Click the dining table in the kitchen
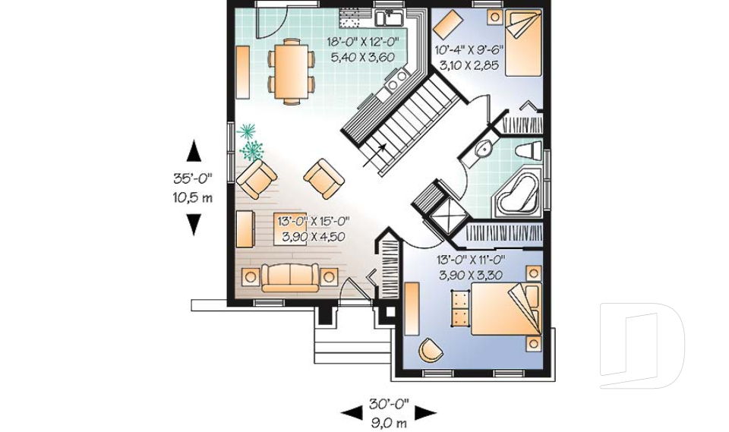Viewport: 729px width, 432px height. [291, 71]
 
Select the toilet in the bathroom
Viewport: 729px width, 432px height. [529, 150]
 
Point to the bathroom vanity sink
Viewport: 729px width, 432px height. [483, 150]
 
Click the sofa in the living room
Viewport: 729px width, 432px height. [289, 278]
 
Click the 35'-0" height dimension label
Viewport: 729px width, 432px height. [192, 178]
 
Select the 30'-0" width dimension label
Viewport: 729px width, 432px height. [389, 403]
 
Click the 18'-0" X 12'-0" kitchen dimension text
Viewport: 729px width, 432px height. [363, 42]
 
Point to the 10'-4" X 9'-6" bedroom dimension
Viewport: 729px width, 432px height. [469, 50]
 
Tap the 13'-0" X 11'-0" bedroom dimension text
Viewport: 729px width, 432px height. [471, 260]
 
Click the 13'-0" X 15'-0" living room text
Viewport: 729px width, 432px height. [314, 221]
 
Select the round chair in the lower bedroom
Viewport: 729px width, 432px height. [430, 350]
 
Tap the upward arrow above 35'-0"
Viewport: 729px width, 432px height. [194, 151]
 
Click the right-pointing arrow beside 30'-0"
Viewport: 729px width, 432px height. [425, 412]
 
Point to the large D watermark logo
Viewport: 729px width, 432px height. [642, 345]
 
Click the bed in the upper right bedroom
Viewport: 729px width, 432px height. [523, 43]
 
